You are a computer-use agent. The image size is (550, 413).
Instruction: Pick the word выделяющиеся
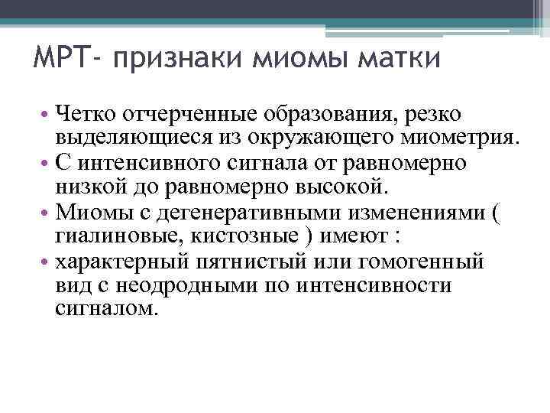coord(130,138)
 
